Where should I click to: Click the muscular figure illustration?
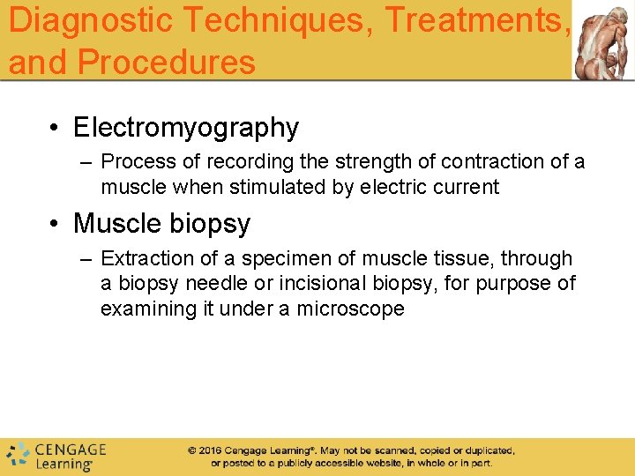coord(603,40)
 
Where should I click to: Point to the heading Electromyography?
coord(186,128)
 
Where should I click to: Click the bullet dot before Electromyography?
coord(55,129)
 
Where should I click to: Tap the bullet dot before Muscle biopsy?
coord(55,224)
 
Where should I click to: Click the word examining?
coord(144,309)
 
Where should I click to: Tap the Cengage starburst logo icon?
coord(18,455)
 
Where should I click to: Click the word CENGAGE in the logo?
coord(71,450)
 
